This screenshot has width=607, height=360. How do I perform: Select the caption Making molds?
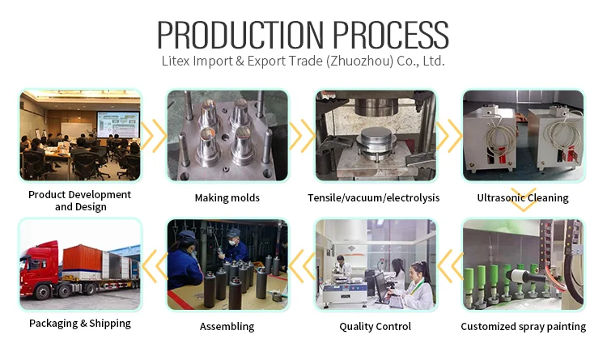point(227,198)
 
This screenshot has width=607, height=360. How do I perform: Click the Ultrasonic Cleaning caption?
point(523,198)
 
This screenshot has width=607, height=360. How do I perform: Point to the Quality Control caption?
point(376,327)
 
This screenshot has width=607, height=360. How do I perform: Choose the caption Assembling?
point(227,327)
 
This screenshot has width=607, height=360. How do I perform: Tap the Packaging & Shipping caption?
point(80,324)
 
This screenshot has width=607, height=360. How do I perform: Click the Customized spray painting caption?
point(523,327)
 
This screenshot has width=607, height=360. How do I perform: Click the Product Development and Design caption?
point(80,201)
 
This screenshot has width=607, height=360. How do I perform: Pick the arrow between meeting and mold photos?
point(154,136)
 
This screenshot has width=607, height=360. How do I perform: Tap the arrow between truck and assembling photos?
point(155,260)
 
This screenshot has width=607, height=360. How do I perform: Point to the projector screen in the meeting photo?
point(117,124)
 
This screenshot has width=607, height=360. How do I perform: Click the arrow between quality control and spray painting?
point(450,260)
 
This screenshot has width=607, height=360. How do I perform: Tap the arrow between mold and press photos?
point(302,136)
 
